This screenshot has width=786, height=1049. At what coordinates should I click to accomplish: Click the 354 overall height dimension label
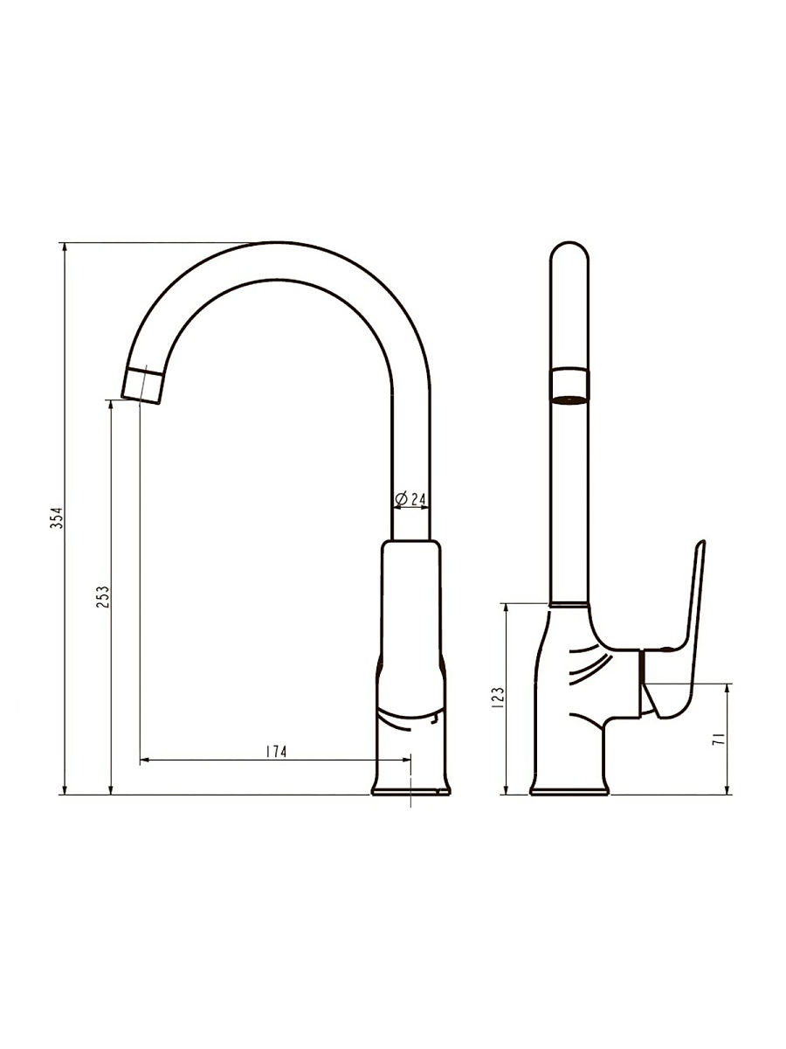tap(58, 518)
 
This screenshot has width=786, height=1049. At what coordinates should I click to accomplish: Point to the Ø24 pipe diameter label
tap(410, 499)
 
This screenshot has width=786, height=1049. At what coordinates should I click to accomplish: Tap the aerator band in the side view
tap(569, 386)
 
